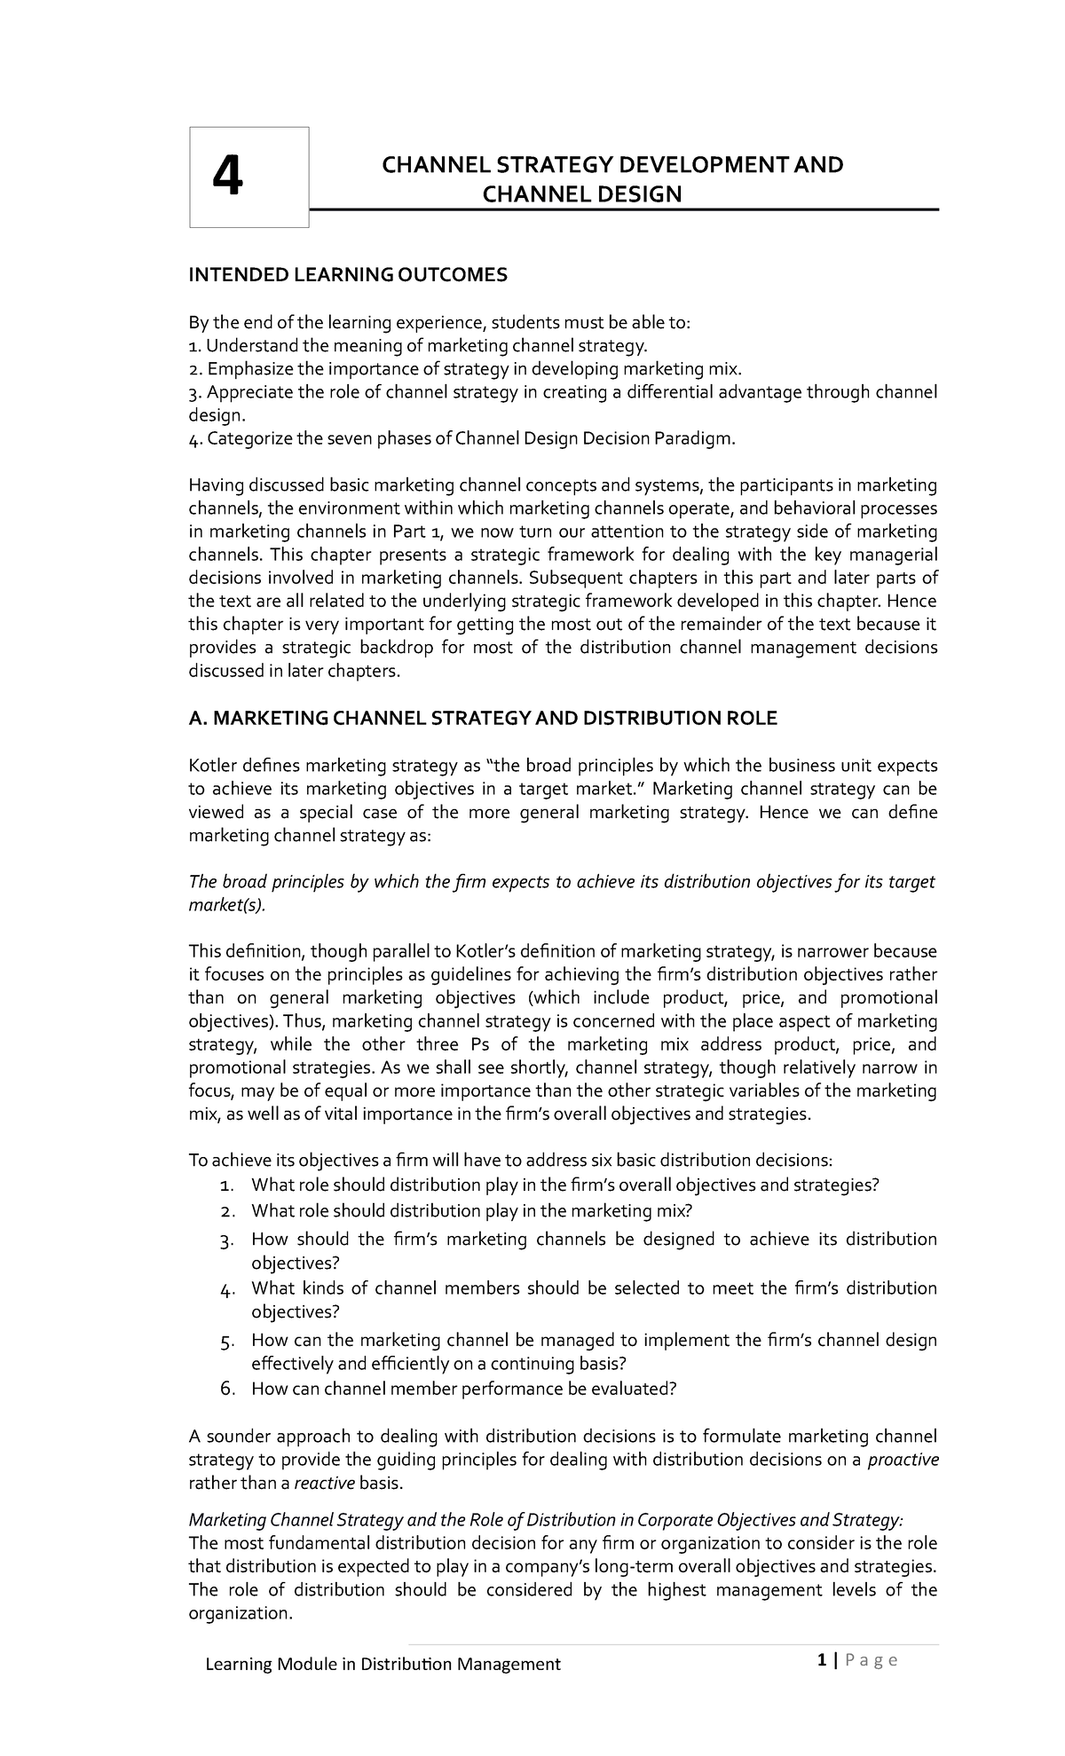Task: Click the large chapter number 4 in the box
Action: [x=227, y=177]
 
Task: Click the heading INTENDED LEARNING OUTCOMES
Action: [x=347, y=275]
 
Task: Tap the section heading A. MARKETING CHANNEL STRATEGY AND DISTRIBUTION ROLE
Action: [x=483, y=718]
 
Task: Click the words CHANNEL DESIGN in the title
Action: [x=581, y=194]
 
